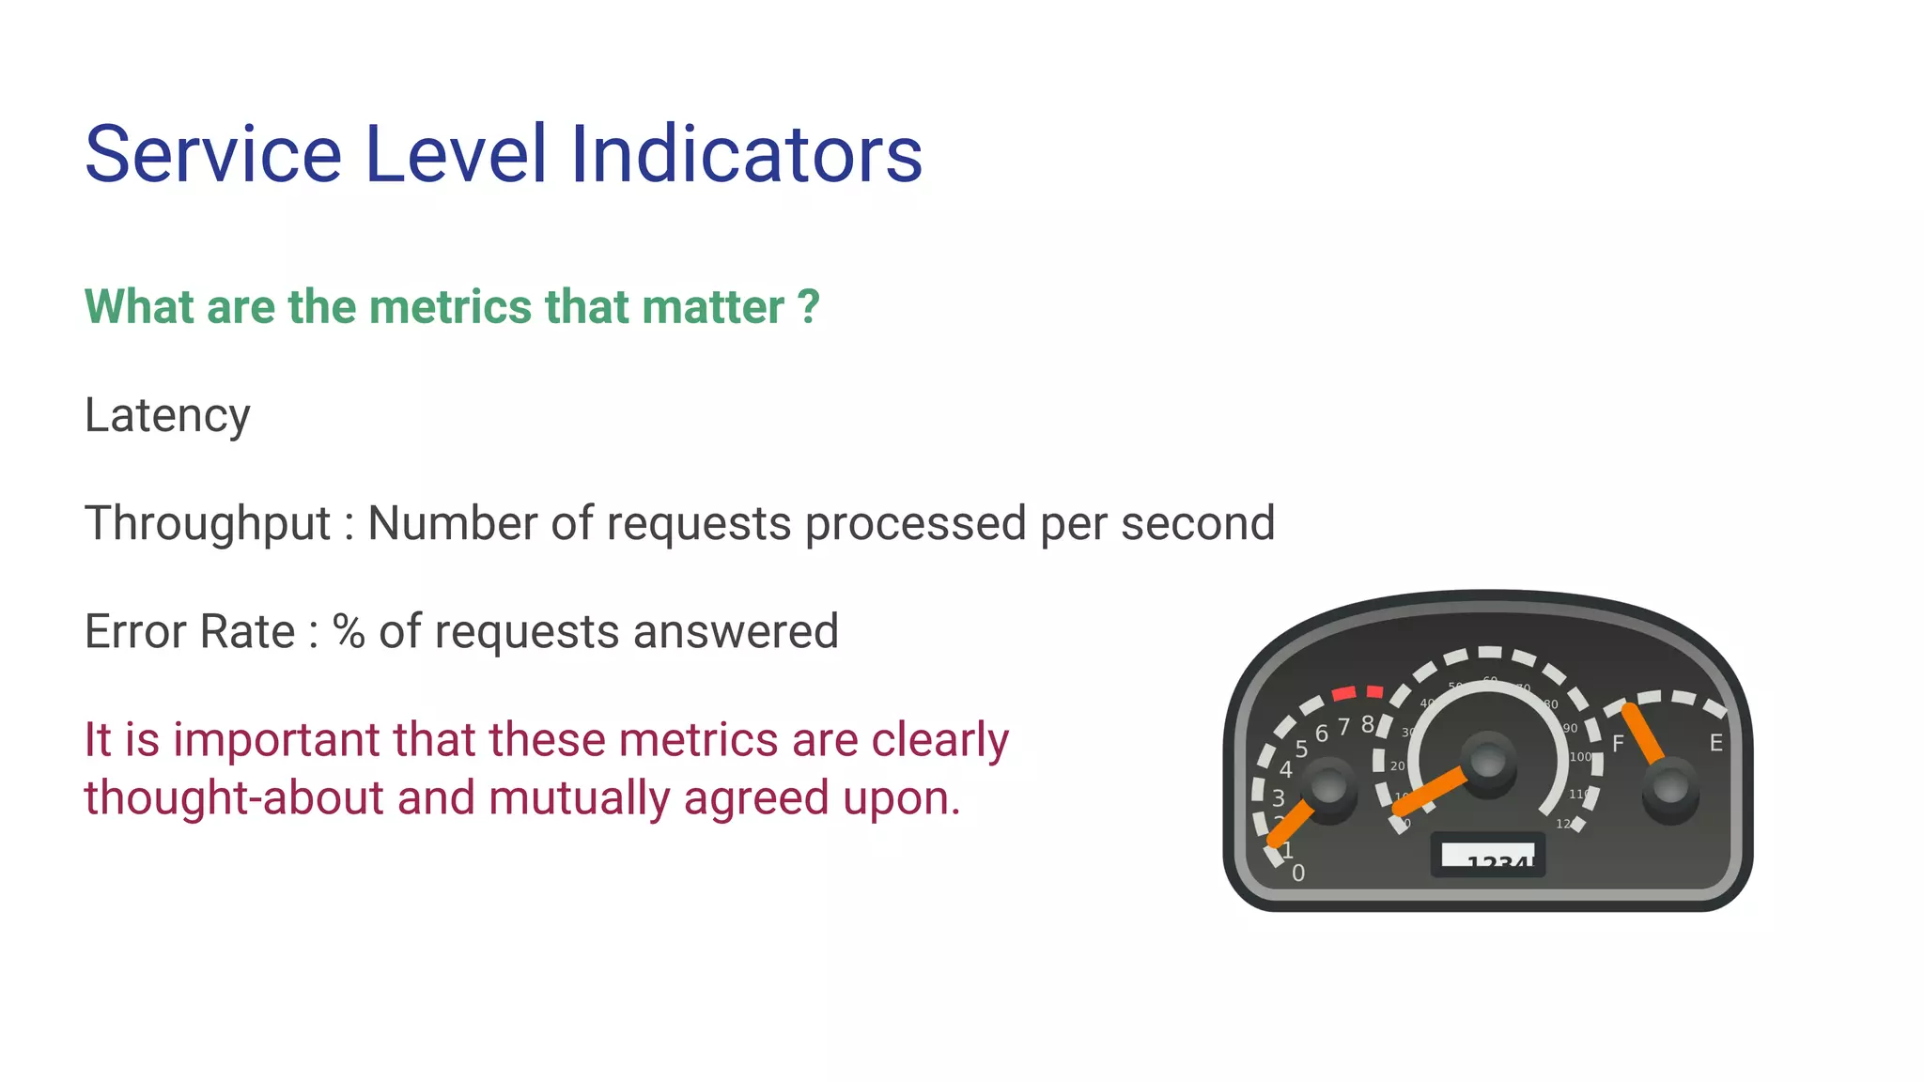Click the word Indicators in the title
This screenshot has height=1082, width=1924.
(x=746, y=154)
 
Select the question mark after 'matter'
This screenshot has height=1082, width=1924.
(x=808, y=307)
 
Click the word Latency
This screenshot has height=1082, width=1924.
(x=167, y=415)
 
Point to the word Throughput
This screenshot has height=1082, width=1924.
(x=208, y=524)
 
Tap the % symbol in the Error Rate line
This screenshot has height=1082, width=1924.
(x=349, y=631)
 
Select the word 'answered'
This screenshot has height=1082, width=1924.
(x=736, y=631)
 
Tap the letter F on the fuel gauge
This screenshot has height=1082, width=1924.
(x=1618, y=744)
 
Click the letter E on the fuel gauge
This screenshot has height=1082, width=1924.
(x=1715, y=743)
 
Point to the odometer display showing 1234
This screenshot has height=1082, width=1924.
(x=1487, y=856)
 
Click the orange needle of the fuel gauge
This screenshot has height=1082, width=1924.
(x=1644, y=734)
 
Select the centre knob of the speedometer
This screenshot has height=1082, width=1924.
(x=1487, y=760)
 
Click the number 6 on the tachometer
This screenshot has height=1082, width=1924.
(x=1321, y=734)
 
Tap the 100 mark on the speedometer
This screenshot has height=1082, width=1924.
(x=1580, y=757)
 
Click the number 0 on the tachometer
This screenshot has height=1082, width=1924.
(x=1298, y=873)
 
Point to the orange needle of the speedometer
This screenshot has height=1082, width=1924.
(x=1431, y=792)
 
